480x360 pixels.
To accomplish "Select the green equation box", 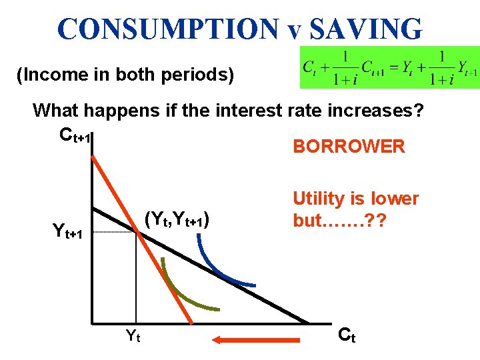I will [x=390, y=67].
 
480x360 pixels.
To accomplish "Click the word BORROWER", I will [x=349, y=147].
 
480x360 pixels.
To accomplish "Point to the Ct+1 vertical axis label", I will [x=75, y=135].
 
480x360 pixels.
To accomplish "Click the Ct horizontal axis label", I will [x=347, y=335].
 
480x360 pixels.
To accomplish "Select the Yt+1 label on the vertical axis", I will [x=68, y=231].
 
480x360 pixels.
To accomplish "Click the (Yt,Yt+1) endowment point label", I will [x=178, y=218].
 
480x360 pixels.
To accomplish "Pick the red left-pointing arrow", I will [x=260, y=340].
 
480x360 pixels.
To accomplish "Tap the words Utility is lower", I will [x=356, y=199].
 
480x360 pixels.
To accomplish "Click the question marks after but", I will [x=381, y=221].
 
